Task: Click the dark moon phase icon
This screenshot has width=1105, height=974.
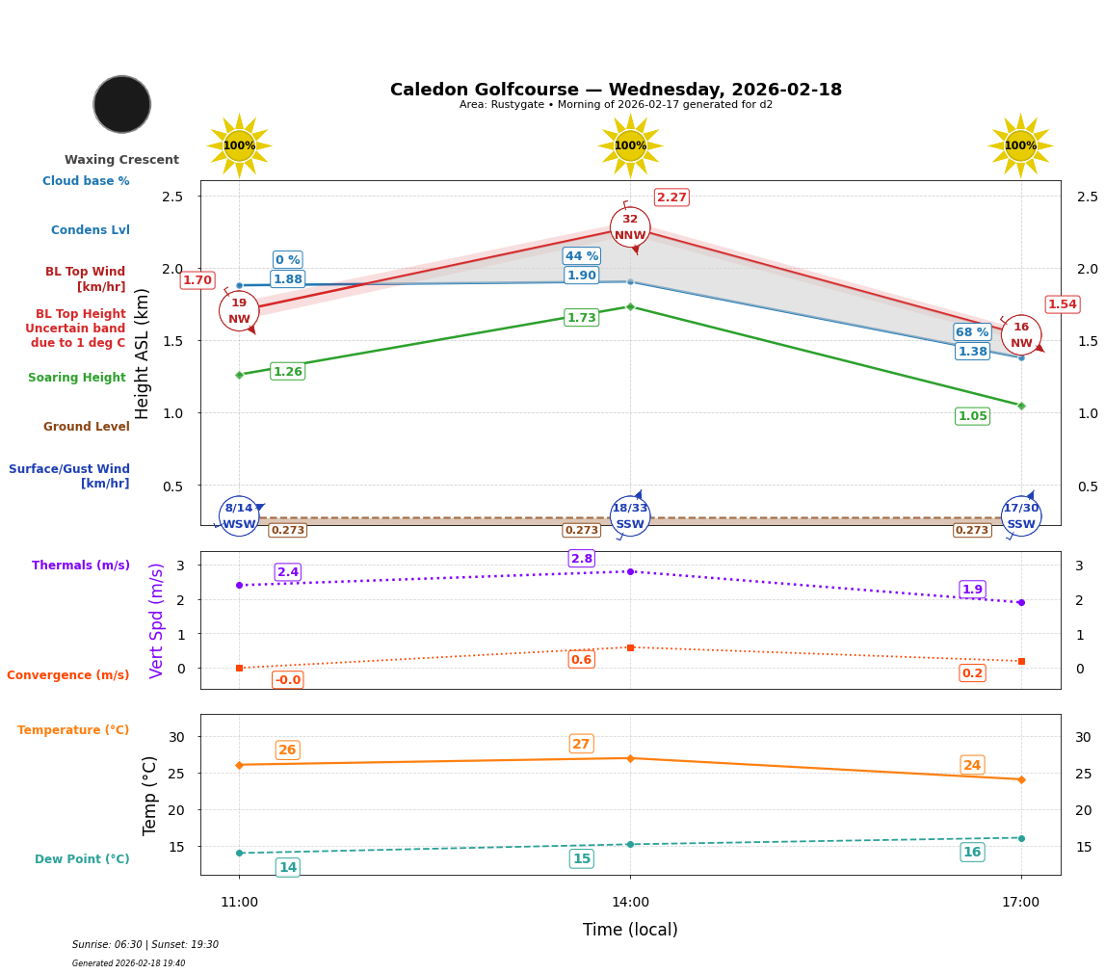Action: coord(121,104)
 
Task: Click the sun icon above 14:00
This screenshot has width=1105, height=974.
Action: coord(630,145)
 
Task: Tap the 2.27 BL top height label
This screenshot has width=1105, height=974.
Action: coord(671,197)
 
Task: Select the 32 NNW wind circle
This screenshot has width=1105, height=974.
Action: coord(630,227)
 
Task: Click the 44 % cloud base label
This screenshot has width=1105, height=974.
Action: coord(581,256)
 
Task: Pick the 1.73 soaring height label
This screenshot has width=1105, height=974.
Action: coord(581,318)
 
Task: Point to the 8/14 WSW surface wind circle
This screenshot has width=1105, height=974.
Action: coord(239,516)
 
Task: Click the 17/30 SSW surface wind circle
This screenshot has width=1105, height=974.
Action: coord(1021,516)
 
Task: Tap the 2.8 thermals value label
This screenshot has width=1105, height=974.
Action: coord(581,559)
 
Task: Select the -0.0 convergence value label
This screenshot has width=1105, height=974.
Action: coord(287,680)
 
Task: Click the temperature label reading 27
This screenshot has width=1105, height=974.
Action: coord(581,744)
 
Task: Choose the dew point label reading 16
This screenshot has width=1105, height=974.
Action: coord(972,852)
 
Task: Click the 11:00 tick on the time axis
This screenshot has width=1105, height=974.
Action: coord(239,903)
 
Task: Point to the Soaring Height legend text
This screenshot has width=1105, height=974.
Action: coord(77,378)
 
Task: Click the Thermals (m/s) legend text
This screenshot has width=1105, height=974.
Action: coord(81,566)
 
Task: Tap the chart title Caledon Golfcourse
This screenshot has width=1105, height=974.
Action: coord(616,90)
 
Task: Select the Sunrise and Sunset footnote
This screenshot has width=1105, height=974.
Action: coord(145,945)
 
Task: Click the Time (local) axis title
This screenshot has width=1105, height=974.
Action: coord(630,930)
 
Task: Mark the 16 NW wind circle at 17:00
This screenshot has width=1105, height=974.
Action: coord(1021,335)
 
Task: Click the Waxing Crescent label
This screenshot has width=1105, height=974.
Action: coord(121,160)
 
